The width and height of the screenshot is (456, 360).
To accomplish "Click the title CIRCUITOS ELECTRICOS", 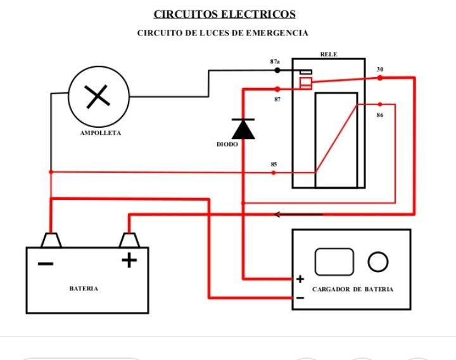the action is click(x=224, y=14).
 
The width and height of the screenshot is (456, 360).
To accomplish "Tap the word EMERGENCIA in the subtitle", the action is click(x=277, y=33).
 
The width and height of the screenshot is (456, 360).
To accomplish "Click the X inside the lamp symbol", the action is click(x=98, y=97).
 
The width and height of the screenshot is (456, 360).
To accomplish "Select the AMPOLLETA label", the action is click(x=100, y=133).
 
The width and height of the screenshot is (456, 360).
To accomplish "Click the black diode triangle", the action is click(x=243, y=130).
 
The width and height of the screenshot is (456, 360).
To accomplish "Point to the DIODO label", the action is click(x=227, y=144).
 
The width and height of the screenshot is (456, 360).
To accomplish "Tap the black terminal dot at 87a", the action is click(x=277, y=70).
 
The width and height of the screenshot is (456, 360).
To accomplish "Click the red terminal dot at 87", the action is click(x=277, y=89).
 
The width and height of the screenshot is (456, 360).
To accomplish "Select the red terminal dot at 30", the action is click(x=380, y=78).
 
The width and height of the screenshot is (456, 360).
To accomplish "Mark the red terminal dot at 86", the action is click(x=380, y=104).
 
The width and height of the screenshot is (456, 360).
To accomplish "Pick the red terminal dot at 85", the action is click(x=274, y=173).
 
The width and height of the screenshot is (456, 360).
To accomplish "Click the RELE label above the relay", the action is click(x=329, y=54).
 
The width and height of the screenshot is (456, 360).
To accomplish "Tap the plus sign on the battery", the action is click(x=129, y=260).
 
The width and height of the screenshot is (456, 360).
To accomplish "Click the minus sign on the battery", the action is click(x=46, y=264).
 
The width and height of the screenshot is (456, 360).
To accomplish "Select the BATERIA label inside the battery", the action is click(x=84, y=289).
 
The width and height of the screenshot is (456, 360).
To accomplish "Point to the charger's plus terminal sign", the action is click(x=300, y=279).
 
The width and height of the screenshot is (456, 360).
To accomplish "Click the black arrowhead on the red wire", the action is click(x=278, y=214).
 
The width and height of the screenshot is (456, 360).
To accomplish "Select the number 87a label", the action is click(x=275, y=61).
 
